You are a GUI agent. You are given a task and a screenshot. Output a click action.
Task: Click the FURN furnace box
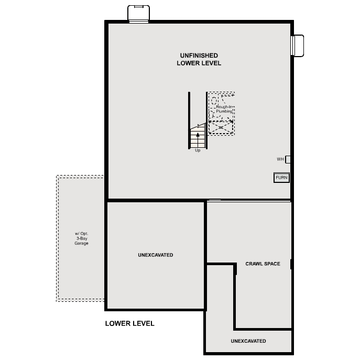(281, 178)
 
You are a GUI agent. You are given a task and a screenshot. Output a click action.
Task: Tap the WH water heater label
(280, 159)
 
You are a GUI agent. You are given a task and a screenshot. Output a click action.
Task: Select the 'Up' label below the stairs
(198, 150)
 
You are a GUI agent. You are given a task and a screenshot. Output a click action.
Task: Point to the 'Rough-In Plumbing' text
(224, 109)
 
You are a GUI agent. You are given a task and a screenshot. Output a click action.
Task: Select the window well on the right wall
(298, 45)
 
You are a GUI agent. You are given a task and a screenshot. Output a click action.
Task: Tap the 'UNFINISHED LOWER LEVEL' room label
(199, 59)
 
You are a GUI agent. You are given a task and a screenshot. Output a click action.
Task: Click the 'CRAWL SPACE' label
(263, 264)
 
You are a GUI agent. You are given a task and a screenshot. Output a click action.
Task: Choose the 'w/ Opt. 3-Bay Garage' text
(81, 238)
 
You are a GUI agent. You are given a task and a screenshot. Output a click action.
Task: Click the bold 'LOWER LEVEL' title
(129, 323)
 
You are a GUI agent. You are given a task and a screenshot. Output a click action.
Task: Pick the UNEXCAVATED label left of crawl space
(155, 255)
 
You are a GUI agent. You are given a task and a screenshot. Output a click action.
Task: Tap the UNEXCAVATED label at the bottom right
(248, 341)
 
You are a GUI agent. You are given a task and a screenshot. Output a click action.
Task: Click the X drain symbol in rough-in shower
(221, 127)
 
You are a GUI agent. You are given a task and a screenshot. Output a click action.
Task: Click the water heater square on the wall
(288, 159)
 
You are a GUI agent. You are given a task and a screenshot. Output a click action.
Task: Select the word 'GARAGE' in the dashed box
(81, 243)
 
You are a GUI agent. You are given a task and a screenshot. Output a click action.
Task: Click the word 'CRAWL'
(255, 264)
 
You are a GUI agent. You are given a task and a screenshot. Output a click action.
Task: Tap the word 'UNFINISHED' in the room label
(199, 55)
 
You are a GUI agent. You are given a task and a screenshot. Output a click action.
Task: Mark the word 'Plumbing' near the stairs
(224, 112)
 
